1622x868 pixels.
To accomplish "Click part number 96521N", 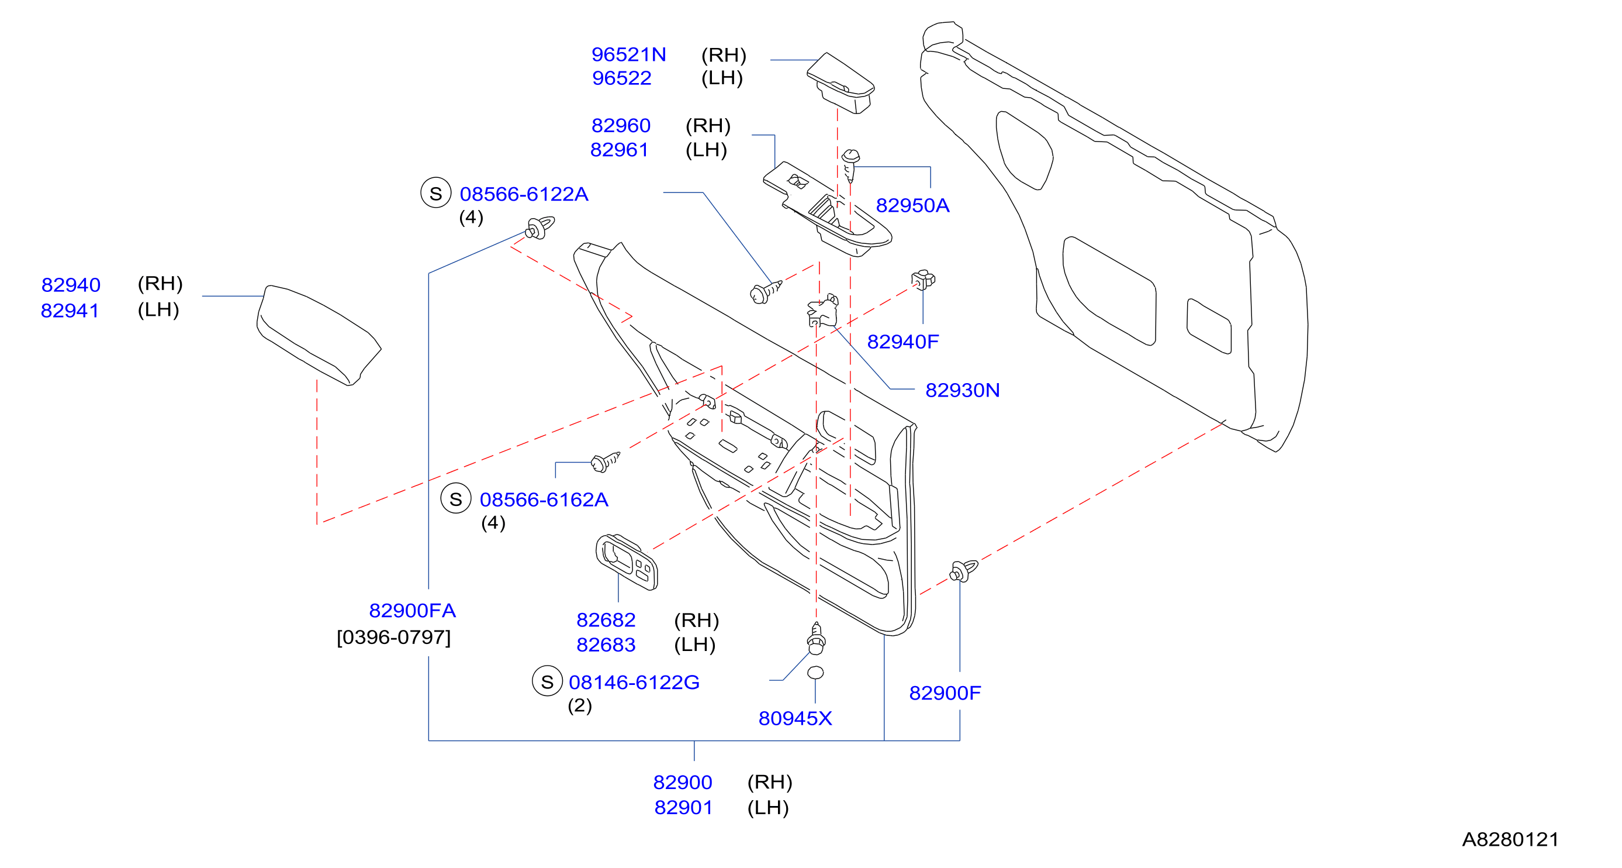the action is (x=628, y=55).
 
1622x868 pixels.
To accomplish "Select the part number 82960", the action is (x=620, y=125).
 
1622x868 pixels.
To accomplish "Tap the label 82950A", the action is (x=912, y=205).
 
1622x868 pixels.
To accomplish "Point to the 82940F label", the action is (x=903, y=342).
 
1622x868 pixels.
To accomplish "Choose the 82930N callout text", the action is (x=962, y=390).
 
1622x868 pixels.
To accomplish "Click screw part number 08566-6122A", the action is (x=524, y=194).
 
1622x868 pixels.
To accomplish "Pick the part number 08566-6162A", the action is (x=544, y=500).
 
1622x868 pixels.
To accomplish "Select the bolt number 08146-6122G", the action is (x=634, y=682).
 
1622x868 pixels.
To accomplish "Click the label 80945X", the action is (x=796, y=718).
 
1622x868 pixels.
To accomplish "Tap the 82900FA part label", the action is (x=413, y=611).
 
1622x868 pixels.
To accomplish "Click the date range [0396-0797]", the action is (x=394, y=638).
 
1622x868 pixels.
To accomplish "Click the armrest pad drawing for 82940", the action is (x=319, y=334).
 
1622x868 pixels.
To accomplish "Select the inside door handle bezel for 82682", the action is (x=627, y=562).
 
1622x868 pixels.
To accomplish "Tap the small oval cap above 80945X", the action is (x=815, y=673).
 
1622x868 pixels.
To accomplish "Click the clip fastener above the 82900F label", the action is (x=963, y=571).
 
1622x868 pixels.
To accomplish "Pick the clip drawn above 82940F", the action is (x=923, y=280).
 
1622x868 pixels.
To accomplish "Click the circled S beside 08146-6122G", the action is (x=547, y=681).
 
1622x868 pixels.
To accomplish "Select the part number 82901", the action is (x=683, y=808).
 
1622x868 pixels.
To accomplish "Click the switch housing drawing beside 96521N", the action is (x=841, y=82).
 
